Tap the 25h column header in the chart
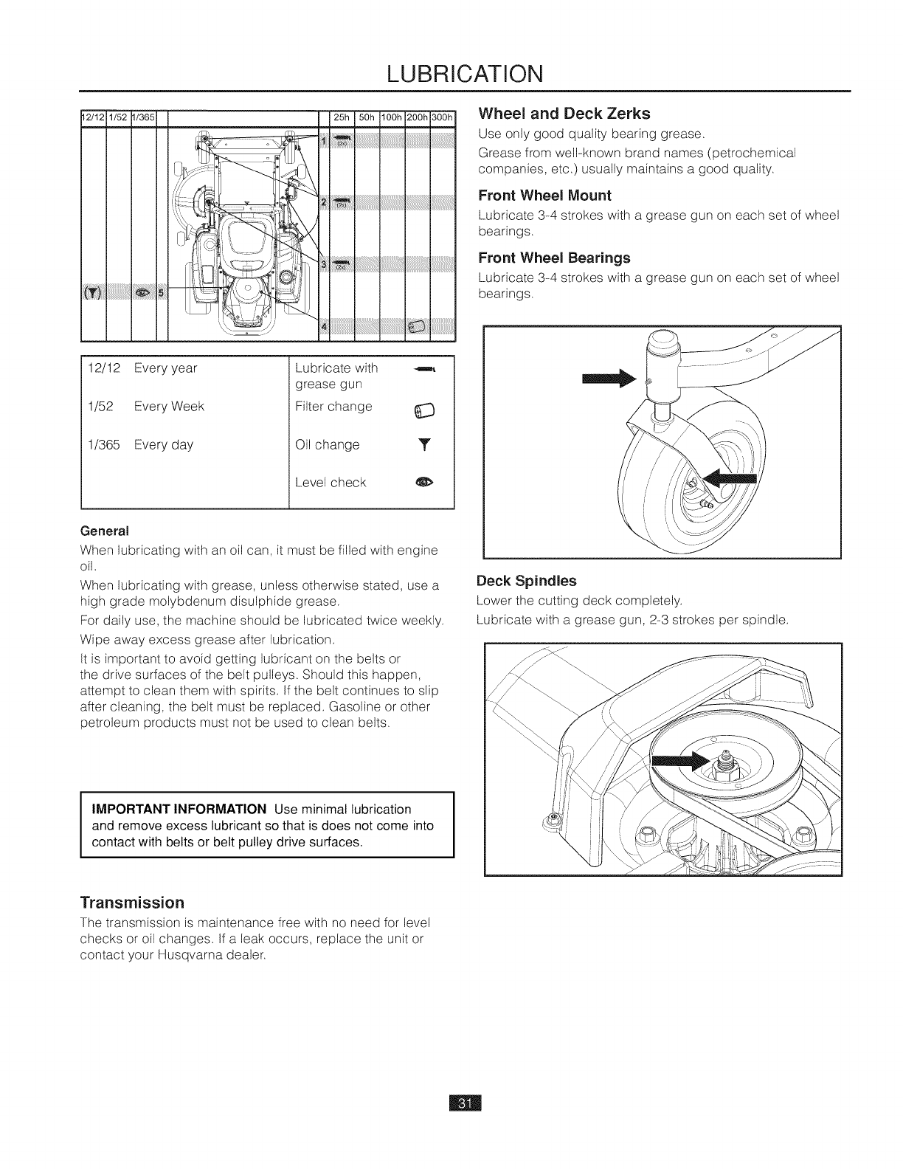(341, 118)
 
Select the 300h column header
(445, 118)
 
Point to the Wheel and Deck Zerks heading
(564, 114)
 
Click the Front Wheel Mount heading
(544, 196)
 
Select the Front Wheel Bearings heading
(554, 258)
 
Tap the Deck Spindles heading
(526, 580)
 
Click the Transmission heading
(131, 903)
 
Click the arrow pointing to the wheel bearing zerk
(731, 480)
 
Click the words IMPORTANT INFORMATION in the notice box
(179, 809)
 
